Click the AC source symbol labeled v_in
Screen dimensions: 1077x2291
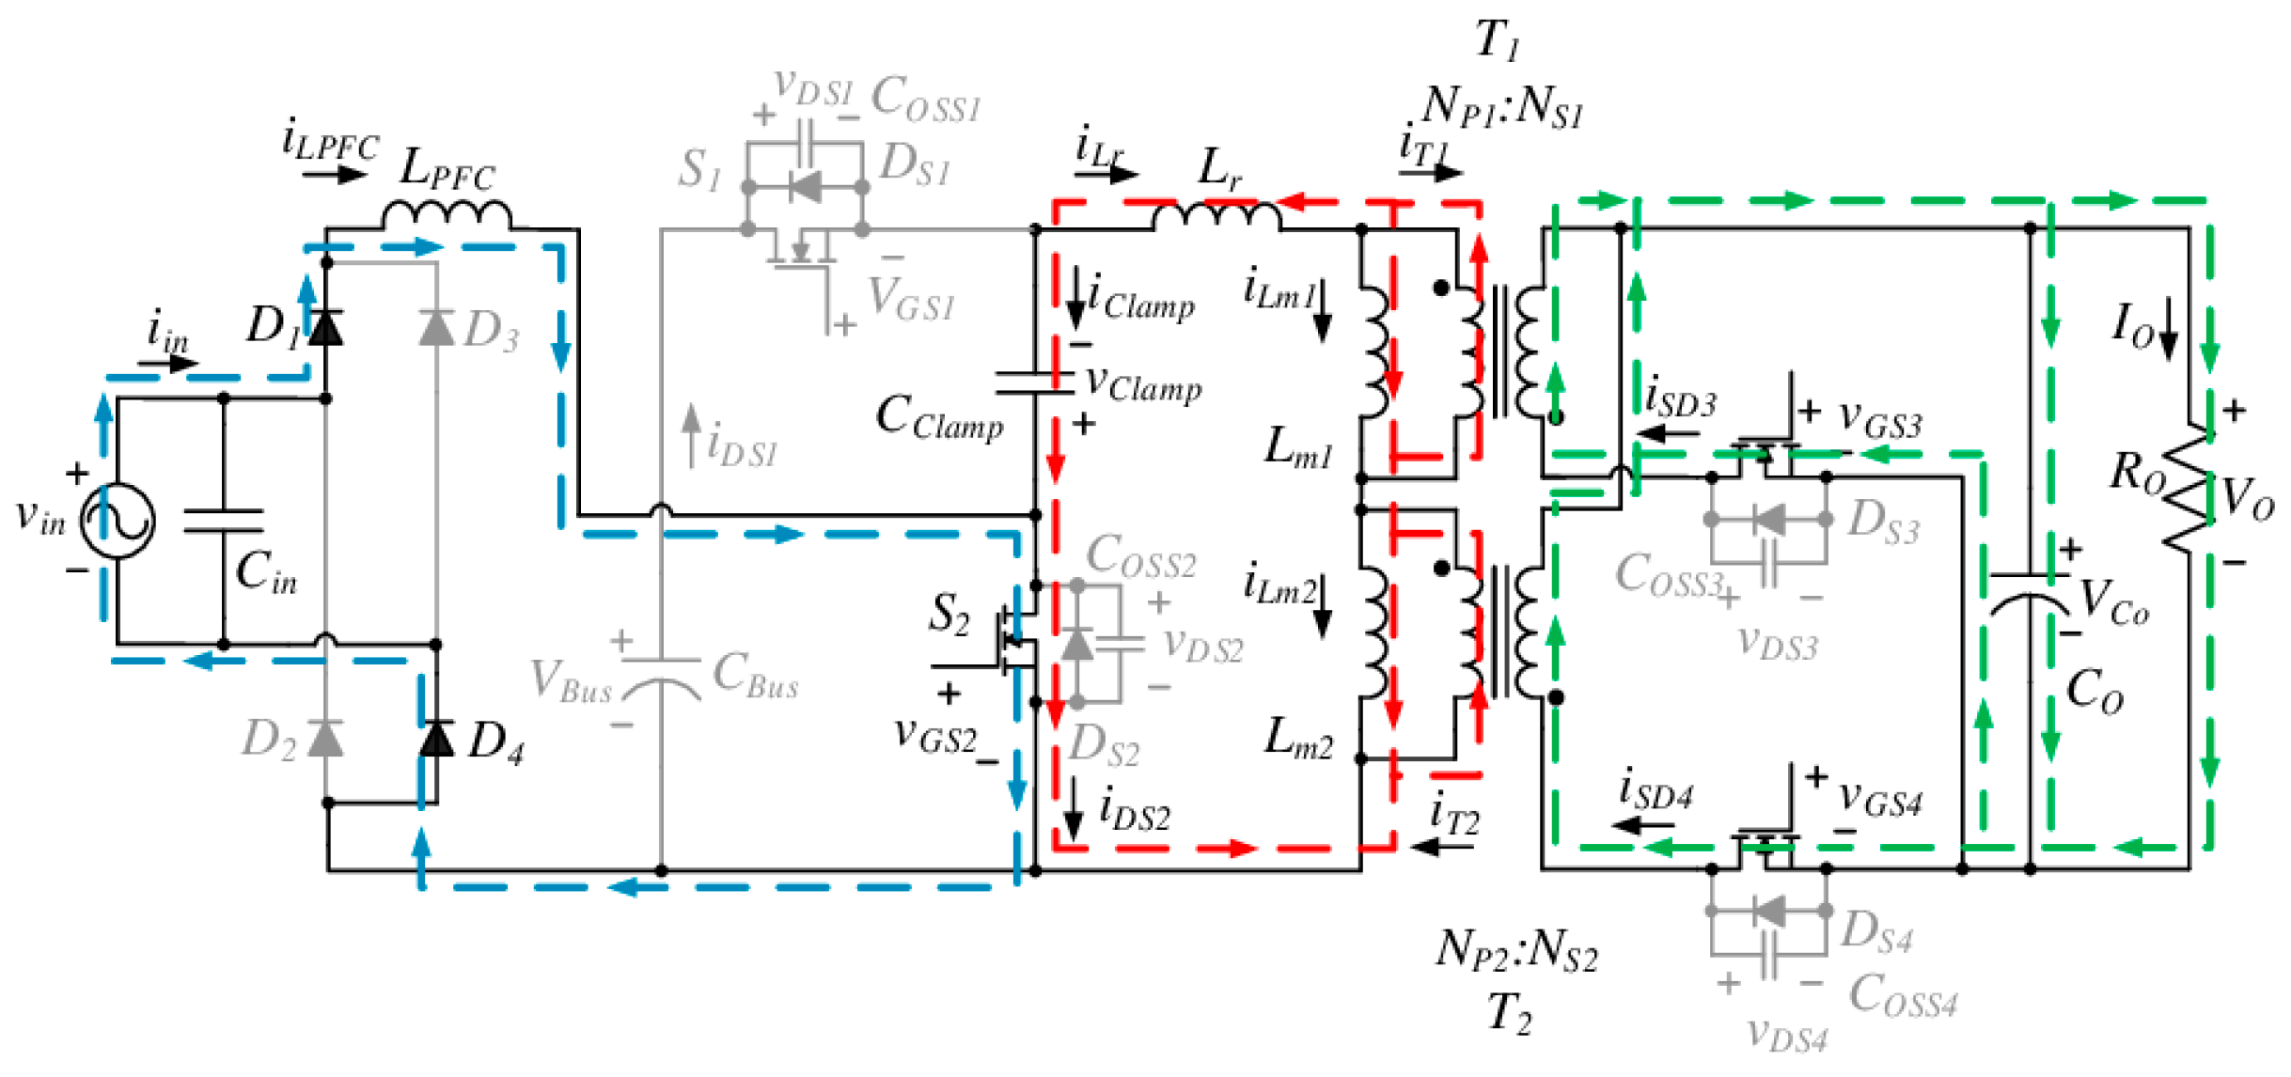click(x=117, y=521)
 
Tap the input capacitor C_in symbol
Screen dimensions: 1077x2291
click(x=223, y=521)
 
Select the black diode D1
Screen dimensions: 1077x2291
click(x=325, y=328)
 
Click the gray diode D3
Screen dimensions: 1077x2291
click(x=436, y=328)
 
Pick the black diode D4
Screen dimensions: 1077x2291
click(x=436, y=738)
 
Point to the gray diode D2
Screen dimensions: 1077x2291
click(x=325, y=738)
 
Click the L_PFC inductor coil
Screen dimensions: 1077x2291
click(x=447, y=216)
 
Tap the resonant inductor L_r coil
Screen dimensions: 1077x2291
click(x=1216, y=216)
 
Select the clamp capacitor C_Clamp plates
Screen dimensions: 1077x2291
click(x=1034, y=382)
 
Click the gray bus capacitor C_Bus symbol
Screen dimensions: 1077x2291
click(x=661, y=677)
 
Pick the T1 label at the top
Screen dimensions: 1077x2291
click(x=1497, y=39)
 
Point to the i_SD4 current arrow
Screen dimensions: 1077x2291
click(x=1643, y=825)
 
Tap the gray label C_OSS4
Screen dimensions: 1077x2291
click(x=1902, y=995)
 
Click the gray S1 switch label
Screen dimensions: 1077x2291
click(x=699, y=171)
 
